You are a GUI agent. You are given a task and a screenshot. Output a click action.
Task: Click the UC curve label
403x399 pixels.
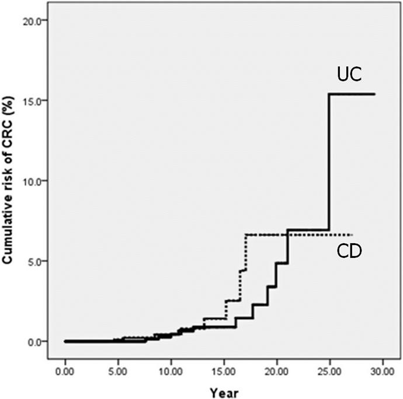tap(349, 74)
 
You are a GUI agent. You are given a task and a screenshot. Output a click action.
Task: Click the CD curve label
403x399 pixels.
tap(349, 251)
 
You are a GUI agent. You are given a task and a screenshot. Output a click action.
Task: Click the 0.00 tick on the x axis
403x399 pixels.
tap(65, 372)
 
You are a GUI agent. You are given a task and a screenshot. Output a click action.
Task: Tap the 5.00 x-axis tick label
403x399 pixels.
tap(118, 372)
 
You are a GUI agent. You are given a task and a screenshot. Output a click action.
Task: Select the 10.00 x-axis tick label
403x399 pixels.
tap(171, 372)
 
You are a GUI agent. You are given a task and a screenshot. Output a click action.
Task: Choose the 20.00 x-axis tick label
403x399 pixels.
tap(277, 372)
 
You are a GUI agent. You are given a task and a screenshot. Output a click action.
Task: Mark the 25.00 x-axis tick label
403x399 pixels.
tap(330, 372)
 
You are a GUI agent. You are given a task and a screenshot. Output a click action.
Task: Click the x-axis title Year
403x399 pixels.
tap(224, 393)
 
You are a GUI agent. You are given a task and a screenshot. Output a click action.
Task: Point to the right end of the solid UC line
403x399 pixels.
tap(375, 94)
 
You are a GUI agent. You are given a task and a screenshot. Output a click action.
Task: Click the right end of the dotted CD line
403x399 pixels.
tap(352, 235)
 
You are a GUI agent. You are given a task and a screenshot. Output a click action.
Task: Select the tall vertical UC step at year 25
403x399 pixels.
tap(329, 162)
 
